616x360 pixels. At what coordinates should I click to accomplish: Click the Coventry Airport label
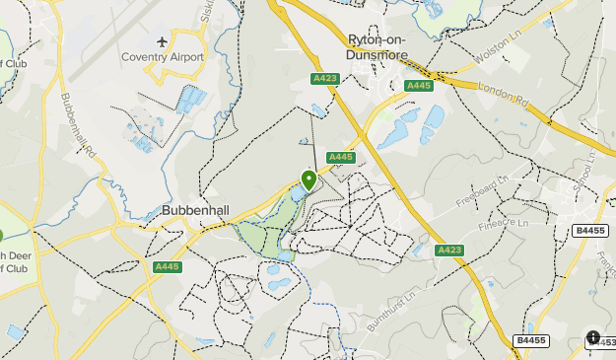[x=162, y=57]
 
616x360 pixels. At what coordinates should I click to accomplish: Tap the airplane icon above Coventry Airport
[x=162, y=42]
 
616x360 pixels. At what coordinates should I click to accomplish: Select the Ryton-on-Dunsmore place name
[x=384, y=47]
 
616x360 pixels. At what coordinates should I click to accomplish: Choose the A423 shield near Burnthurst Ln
[x=448, y=250]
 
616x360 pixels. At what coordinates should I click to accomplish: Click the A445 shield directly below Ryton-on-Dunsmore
[x=418, y=86]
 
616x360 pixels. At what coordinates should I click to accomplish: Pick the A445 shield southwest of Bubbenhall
[x=168, y=266]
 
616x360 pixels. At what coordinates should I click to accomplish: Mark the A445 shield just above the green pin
[x=340, y=157]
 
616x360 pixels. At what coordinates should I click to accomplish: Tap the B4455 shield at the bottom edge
[x=529, y=340]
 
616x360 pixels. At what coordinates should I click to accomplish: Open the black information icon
[x=592, y=337]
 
